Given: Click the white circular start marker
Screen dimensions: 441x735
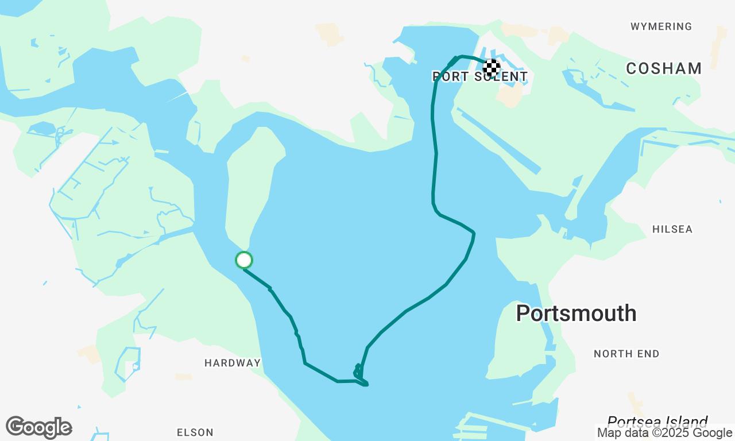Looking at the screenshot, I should point(244,260).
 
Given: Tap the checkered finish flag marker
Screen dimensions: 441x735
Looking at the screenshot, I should point(491,68).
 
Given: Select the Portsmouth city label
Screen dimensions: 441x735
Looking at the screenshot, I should point(576,314).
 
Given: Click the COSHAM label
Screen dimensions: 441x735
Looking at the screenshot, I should point(664,69).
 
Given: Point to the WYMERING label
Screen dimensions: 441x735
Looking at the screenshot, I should point(661,26).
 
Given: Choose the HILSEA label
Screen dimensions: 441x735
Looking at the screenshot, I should point(672,229).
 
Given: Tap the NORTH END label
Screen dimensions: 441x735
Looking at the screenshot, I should point(626,354).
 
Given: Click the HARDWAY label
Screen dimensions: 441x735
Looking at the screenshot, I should point(233,363).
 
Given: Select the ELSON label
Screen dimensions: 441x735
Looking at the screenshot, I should point(195,432).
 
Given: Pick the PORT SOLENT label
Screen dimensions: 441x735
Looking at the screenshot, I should point(480,77).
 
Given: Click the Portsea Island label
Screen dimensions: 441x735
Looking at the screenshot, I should point(657,421).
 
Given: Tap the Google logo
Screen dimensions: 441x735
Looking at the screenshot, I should point(38,428).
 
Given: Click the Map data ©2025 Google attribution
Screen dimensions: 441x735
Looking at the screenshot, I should point(664,433).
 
